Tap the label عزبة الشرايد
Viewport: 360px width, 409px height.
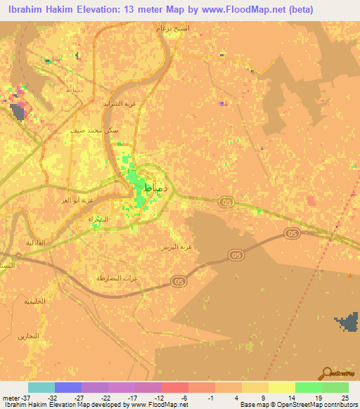(113, 103)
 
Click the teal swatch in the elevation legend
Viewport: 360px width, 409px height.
(41, 387)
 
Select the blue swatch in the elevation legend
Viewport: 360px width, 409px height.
(68, 387)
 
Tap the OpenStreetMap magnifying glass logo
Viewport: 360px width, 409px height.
(328, 372)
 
